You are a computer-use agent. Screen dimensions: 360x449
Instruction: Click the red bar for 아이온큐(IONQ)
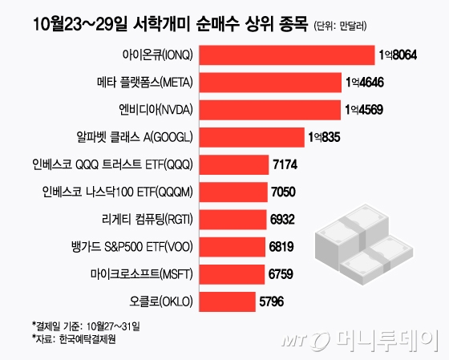pyautogui.click(x=285, y=55)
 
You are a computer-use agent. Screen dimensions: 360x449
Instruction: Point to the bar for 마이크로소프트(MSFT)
pyautogui.click(x=232, y=275)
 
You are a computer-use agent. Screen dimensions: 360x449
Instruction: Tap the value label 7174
pyautogui.click(x=286, y=164)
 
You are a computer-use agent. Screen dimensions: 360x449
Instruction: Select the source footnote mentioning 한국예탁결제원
pyautogui.click(x=71, y=339)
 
